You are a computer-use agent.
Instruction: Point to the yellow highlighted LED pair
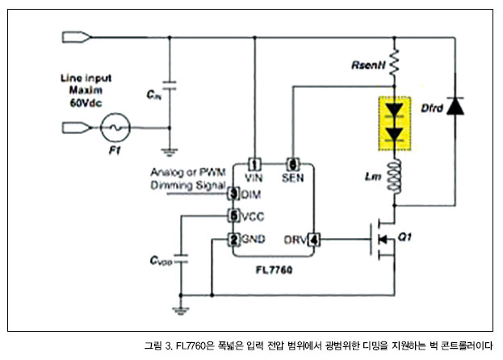coord(395,122)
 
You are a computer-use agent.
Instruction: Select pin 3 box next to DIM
coord(233,193)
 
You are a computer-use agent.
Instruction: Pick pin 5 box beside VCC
coord(233,216)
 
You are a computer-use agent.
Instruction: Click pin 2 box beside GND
coord(233,240)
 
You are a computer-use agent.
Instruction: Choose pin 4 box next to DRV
coord(314,240)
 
